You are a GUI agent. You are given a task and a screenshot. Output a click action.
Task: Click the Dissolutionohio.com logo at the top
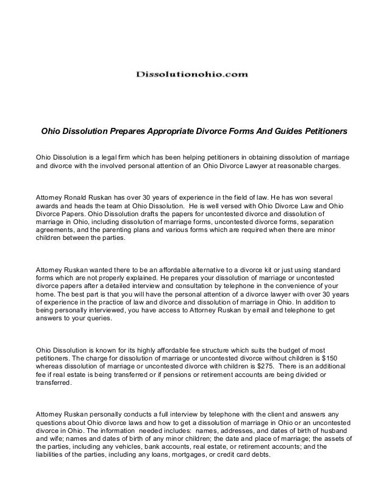pos(192,74)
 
